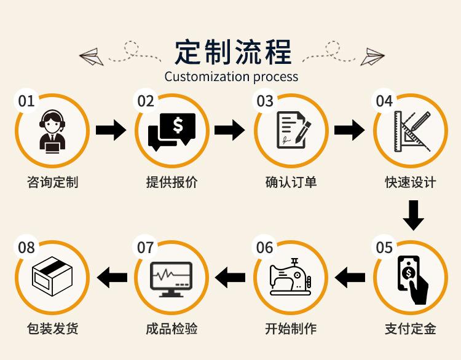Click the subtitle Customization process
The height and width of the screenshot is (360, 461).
231,77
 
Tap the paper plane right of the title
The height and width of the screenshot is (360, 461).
372,56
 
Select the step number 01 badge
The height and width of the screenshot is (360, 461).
26,101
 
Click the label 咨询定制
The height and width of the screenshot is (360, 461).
53,182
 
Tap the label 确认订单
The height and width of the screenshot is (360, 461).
291,182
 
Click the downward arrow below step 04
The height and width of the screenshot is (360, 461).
413,215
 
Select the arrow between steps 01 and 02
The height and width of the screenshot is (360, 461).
111,130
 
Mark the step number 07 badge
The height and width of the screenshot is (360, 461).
146,248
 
